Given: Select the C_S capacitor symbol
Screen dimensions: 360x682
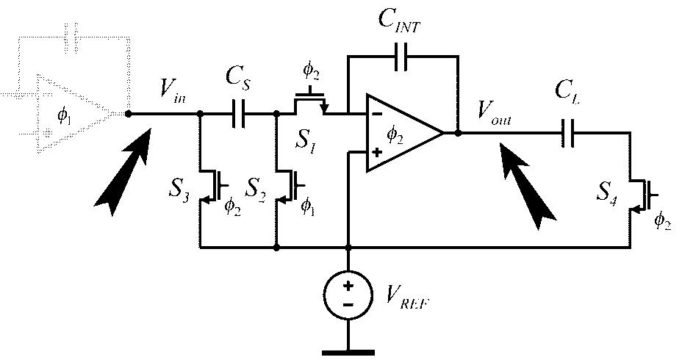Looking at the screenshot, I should tap(238, 114).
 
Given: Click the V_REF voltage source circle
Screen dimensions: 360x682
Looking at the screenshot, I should tap(348, 295).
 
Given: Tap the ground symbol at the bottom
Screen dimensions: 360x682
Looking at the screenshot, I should tap(348, 350).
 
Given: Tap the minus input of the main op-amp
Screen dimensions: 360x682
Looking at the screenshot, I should tap(376, 114).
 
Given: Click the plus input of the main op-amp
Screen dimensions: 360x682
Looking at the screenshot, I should tap(376, 153).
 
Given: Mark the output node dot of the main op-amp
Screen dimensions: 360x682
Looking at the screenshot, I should tap(458, 134).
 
